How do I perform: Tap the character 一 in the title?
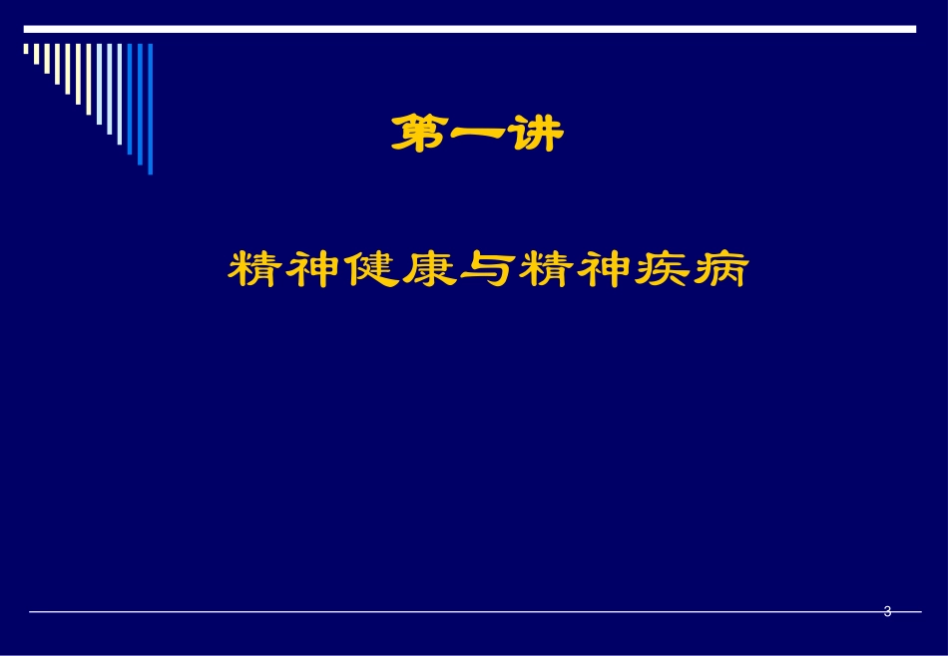(x=476, y=135)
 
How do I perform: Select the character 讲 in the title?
(x=536, y=135)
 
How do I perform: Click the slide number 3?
(x=887, y=612)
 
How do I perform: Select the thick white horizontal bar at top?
(x=470, y=30)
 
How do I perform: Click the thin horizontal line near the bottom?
(x=449, y=612)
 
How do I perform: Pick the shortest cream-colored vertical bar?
(x=26, y=48)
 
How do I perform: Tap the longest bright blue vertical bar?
(x=151, y=109)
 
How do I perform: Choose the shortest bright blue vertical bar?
(x=130, y=99)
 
